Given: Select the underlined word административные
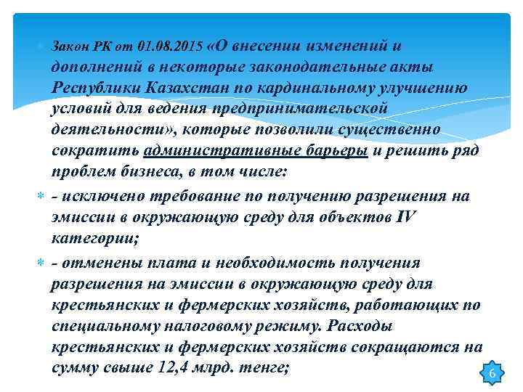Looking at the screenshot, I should (x=216, y=152).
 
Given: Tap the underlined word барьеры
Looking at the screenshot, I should (x=333, y=152).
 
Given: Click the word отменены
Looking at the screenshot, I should (x=100, y=261).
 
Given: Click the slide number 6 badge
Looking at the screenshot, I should (x=492, y=373).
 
